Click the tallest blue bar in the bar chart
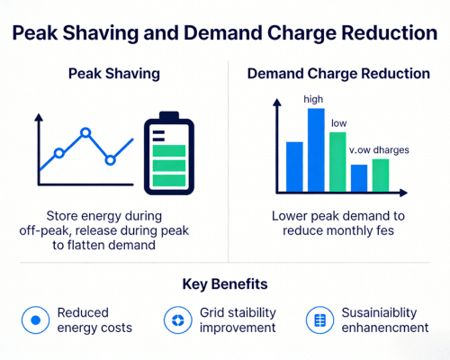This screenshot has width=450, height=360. point(316,149)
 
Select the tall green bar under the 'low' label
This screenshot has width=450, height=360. point(337,161)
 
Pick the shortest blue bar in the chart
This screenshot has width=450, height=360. point(359,178)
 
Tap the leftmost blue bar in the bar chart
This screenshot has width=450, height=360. point(294,166)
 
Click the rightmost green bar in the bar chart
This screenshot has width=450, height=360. point(380,175)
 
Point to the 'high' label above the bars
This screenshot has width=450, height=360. point(314,98)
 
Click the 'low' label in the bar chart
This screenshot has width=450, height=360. point(339,122)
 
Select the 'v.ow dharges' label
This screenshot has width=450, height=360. point(376,149)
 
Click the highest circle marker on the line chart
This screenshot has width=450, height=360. point(85,133)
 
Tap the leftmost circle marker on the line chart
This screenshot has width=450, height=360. point(58,153)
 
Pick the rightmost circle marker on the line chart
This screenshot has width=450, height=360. point(110,160)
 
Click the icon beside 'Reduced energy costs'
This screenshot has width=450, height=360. point(35,319)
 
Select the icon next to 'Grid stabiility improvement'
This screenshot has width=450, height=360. point(176,319)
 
